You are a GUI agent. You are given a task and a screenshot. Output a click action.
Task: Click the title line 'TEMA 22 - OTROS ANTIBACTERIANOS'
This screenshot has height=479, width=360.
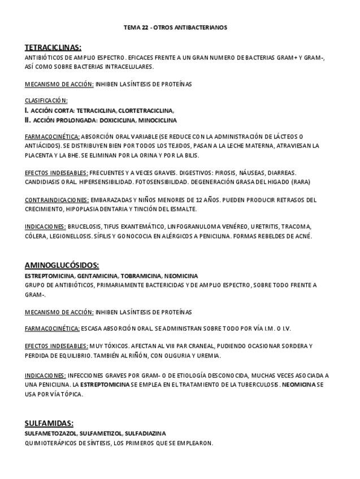pos(175,27)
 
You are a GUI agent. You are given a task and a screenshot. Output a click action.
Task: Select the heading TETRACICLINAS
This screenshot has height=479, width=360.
pos(53,47)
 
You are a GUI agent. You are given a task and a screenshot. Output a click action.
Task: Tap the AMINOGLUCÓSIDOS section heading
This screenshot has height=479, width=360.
pos(62,265)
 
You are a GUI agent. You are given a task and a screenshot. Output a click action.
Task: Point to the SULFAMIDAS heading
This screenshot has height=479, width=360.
pos(49,423)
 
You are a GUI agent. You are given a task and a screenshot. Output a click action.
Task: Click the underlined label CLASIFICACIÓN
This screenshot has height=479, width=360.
pos(46,101)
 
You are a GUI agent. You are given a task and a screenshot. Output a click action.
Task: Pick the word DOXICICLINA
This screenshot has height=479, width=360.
pos(118,120)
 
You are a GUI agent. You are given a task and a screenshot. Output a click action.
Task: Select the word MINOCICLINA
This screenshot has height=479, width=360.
pos(157,120)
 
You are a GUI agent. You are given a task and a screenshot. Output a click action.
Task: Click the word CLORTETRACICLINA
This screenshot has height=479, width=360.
pos(146,111)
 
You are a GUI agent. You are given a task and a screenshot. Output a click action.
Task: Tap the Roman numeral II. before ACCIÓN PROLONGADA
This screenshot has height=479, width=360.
pos(28,120)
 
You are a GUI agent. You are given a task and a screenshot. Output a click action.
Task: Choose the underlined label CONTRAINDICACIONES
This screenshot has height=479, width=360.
pos(57,200)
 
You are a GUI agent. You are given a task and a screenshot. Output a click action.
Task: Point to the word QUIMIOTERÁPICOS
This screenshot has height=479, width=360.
pos(46,443)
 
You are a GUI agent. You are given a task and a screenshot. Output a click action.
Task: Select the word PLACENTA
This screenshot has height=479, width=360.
pos(37,155)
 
